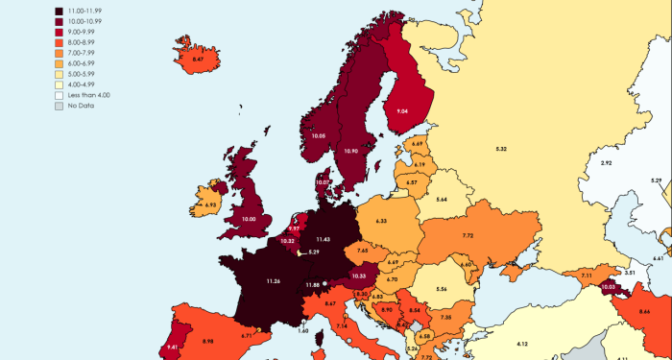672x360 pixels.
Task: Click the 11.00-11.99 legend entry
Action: pos(85,12)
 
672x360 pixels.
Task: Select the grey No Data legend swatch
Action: pos(60,106)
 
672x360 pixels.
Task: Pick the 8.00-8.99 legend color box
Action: pos(60,43)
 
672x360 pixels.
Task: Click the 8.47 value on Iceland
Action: pos(198,60)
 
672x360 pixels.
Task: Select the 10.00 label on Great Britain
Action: pos(250,220)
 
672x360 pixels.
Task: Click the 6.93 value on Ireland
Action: pos(210,204)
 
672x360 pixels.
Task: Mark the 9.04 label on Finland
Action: pos(402,111)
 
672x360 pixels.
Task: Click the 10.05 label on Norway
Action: pos(319,136)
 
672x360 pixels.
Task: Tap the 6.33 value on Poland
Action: pos(381,221)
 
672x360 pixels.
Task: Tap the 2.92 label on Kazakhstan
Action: pos(606,163)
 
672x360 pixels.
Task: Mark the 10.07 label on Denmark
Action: pos(323,182)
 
